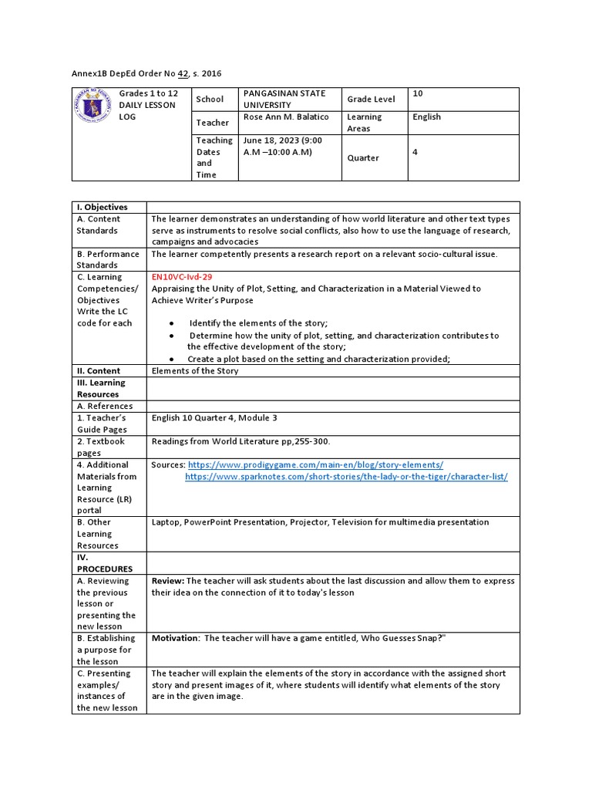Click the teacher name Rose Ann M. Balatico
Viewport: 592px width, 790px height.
coord(287,117)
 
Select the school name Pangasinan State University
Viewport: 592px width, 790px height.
coord(284,99)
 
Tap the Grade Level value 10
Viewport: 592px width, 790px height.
coord(418,94)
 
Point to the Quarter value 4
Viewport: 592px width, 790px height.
coord(415,152)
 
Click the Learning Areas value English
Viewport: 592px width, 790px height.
coord(427,117)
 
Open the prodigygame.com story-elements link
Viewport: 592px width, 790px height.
coord(315,464)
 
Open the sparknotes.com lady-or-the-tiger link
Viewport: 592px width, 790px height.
coord(346,477)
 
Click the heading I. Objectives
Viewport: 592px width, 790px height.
coord(102,207)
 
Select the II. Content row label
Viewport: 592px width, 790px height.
coord(99,371)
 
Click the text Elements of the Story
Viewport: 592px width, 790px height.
coord(195,371)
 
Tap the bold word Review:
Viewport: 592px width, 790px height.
coord(167,581)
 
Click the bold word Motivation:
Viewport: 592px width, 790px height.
coord(175,638)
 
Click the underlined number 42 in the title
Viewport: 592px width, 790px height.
coord(183,73)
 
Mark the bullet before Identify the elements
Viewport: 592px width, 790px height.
coord(170,323)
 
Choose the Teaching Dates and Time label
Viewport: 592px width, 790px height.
coord(214,157)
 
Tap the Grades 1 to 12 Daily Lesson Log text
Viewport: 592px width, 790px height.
coord(146,105)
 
